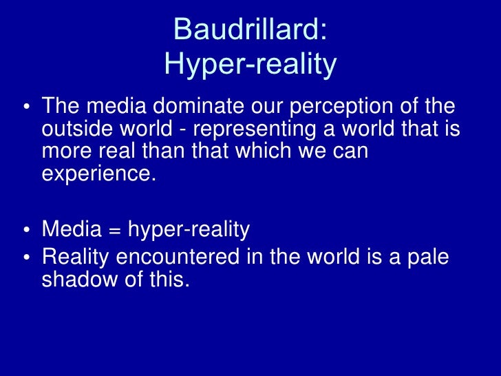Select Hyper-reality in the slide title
pyautogui.click(x=250, y=65)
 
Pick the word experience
pyautogui.click(x=96, y=173)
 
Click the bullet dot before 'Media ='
pyautogui.click(x=25, y=229)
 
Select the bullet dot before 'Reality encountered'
pyautogui.click(x=25, y=257)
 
